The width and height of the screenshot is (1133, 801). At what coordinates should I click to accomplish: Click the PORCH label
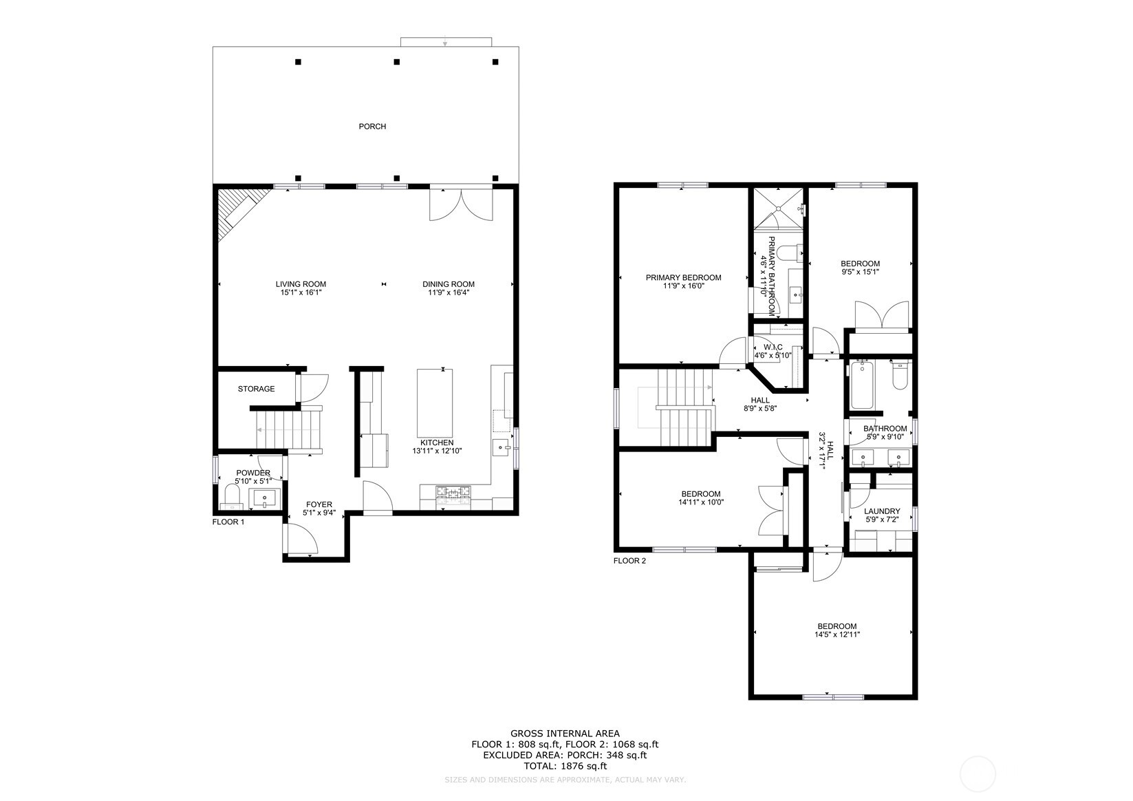(372, 127)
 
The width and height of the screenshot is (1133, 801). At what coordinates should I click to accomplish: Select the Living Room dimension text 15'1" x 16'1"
(301, 293)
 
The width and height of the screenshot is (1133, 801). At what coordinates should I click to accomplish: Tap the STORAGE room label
(256, 389)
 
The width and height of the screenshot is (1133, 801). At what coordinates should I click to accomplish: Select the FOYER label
(319, 504)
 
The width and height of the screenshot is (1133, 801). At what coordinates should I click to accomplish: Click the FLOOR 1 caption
(228, 522)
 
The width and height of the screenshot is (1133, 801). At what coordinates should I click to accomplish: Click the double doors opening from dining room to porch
(462, 204)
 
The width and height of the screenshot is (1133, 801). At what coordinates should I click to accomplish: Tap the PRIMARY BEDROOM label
(683, 278)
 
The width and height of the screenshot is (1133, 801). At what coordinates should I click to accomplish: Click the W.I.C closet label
(773, 347)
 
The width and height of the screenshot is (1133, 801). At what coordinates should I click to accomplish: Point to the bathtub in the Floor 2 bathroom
(861, 386)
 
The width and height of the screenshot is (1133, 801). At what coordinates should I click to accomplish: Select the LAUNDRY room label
(882, 511)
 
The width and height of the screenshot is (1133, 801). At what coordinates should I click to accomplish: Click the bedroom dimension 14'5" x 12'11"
(837, 635)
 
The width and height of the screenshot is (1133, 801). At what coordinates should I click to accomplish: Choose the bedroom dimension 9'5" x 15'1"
(860, 272)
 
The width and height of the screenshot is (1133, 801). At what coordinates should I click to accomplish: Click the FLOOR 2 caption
(629, 561)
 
